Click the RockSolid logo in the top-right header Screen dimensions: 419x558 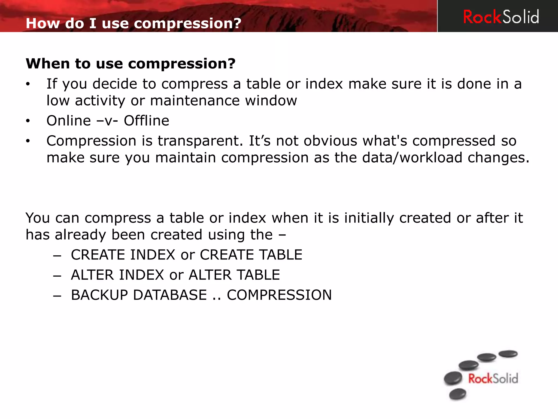coord(501,17)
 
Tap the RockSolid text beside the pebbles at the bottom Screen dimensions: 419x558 coord(493,379)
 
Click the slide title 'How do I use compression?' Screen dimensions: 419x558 coord(134,23)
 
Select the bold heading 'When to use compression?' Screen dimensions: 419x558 coord(131,64)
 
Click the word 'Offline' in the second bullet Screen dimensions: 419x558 coord(147,121)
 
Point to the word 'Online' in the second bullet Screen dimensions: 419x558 coord(69,121)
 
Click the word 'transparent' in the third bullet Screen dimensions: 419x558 coord(200,141)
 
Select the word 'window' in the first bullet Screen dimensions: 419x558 coord(271,101)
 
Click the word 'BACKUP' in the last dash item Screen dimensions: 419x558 coord(99,295)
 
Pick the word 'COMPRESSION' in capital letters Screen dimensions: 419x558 coord(279,295)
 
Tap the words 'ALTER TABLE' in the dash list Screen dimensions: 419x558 coord(234,275)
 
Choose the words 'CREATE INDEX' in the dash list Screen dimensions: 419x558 coord(123,255)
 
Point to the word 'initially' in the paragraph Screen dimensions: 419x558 coord(369,218)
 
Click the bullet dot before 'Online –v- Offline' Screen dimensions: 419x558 coord(28,121)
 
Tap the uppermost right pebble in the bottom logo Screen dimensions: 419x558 coord(508,354)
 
